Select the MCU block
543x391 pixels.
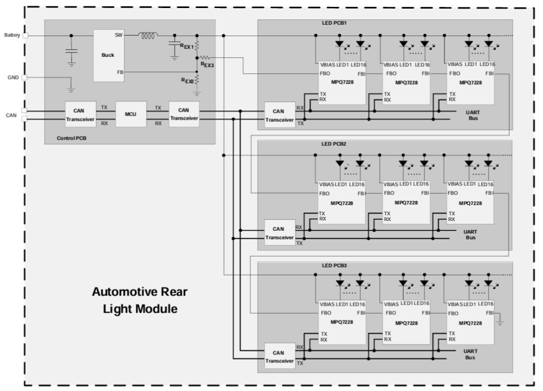click(x=131, y=114)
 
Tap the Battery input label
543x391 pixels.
click(x=12, y=35)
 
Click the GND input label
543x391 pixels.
click(x=13, y=77)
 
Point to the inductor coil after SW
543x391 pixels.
click(x=148, y=36)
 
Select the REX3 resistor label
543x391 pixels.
click(x=207, y=65)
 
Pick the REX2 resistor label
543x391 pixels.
click(x=187, y=81)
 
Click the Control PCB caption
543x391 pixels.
click(x=72, y=139)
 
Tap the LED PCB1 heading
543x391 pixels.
click(x=334, y=23)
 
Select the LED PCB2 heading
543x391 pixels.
click(x=334, y=144)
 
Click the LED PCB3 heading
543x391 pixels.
click(x=334, y=266)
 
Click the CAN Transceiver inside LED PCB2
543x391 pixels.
click(x=280, y=233)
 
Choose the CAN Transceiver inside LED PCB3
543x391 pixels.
click(x=280, y=357)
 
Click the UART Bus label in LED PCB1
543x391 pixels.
click(x=473, y=114)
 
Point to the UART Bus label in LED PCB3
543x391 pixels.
click(x=470, y=354)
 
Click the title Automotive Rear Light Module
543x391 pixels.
click(x=140, y=301)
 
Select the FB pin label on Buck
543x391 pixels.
click(x=119, y=73)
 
